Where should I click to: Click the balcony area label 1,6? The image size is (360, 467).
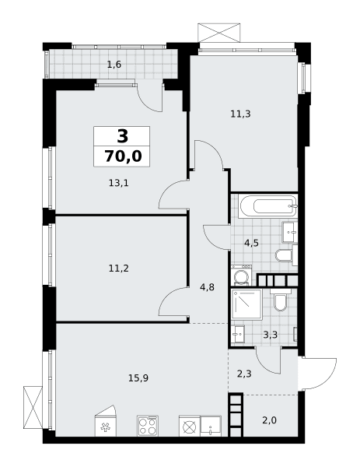pos(114,65)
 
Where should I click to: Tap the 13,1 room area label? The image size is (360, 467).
pos(118,183)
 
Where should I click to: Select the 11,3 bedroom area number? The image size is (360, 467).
pos(240,114)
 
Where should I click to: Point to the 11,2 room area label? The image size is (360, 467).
pos(118,269)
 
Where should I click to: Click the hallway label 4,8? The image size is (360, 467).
pos(207,288)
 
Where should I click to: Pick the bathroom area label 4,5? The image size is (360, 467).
pos(251,244)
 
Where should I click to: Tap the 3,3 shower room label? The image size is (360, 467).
pos(270,335)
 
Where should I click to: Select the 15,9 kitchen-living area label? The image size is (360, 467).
pos(138,378)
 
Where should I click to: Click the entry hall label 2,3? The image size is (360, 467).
pos(244,374)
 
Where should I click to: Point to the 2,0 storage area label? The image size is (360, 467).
pos(270,420)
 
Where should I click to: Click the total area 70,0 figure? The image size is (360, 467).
pos(123,156)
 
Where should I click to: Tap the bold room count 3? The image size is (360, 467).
pos(123,136)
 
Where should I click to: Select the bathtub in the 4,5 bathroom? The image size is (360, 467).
pos(268,206)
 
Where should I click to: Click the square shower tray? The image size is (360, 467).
pos(247,304)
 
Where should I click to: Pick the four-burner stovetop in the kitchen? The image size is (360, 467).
pos(148,426)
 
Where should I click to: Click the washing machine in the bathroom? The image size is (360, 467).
pos(241,276)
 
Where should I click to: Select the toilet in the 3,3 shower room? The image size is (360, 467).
pos(280,300)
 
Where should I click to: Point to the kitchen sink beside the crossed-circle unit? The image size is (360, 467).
pos(211,427)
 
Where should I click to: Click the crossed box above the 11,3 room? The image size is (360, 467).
pos(219,33)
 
